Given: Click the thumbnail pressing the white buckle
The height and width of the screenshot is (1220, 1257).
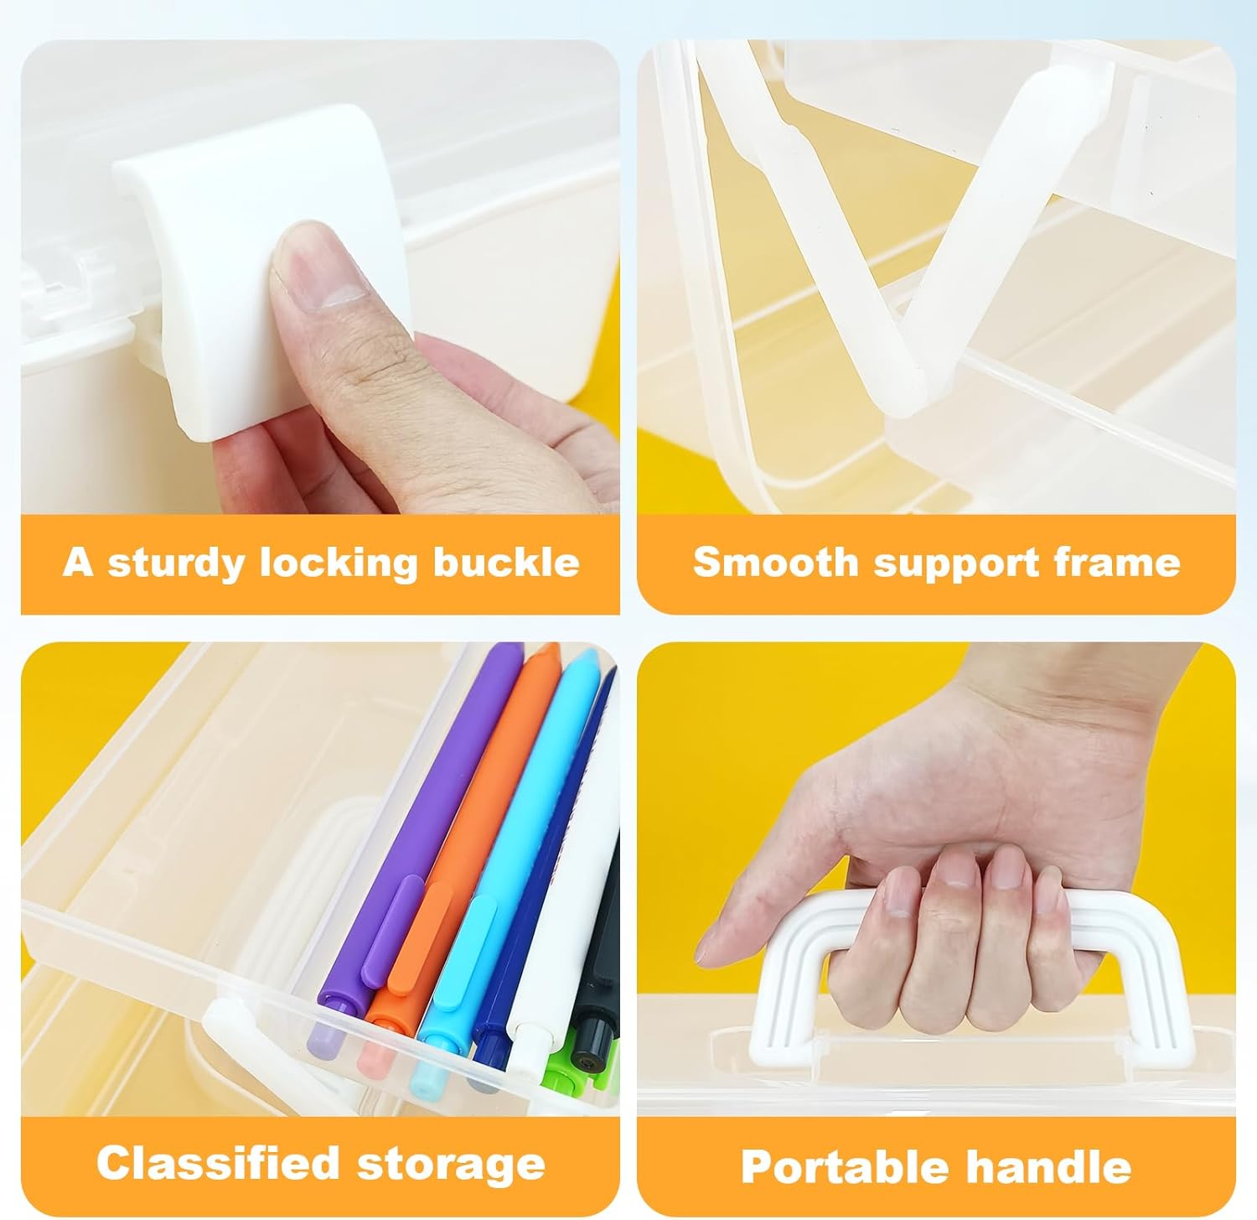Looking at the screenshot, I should tap(318, 277).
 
